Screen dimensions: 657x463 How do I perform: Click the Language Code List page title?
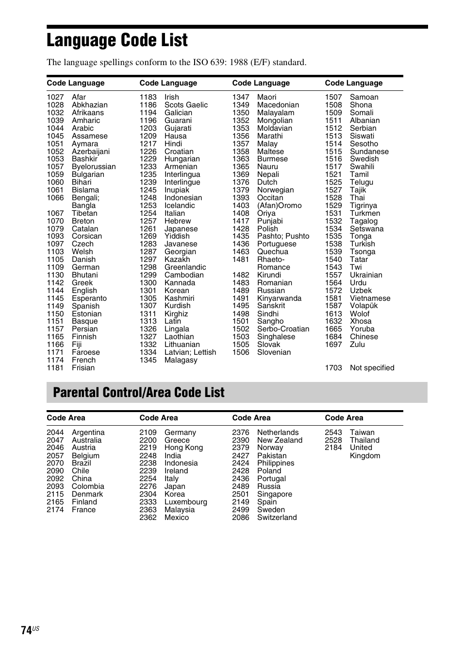click(117, 40)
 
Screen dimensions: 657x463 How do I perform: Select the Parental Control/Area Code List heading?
click(139, 393)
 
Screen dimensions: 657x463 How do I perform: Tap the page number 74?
click(27, 630)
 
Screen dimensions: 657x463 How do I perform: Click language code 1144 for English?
click(55, 291)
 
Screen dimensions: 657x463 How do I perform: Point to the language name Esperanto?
click(89, 298)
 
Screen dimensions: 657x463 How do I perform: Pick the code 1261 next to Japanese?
click(148, 229)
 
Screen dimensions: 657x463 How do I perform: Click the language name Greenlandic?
click(185, 267)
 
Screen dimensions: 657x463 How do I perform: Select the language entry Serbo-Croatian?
click(283, 329)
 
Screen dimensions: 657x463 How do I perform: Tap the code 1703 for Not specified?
click(333, 368)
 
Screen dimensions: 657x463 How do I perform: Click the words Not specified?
click(372, 368)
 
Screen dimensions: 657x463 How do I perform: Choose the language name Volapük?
click(364, 306)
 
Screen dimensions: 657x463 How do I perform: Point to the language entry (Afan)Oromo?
click(279, 206)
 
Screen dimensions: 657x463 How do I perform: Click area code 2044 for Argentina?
click(55, 432)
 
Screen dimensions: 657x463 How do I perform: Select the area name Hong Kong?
click(183, 448)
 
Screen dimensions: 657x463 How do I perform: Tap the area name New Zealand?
click(280, 440)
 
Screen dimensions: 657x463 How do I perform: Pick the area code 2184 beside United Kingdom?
click(333, 448)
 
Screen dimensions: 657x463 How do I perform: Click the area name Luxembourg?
click(185, 502)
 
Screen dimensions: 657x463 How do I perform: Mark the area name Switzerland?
click(277, 518)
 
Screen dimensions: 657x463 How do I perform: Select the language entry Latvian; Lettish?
click(190, 352)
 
